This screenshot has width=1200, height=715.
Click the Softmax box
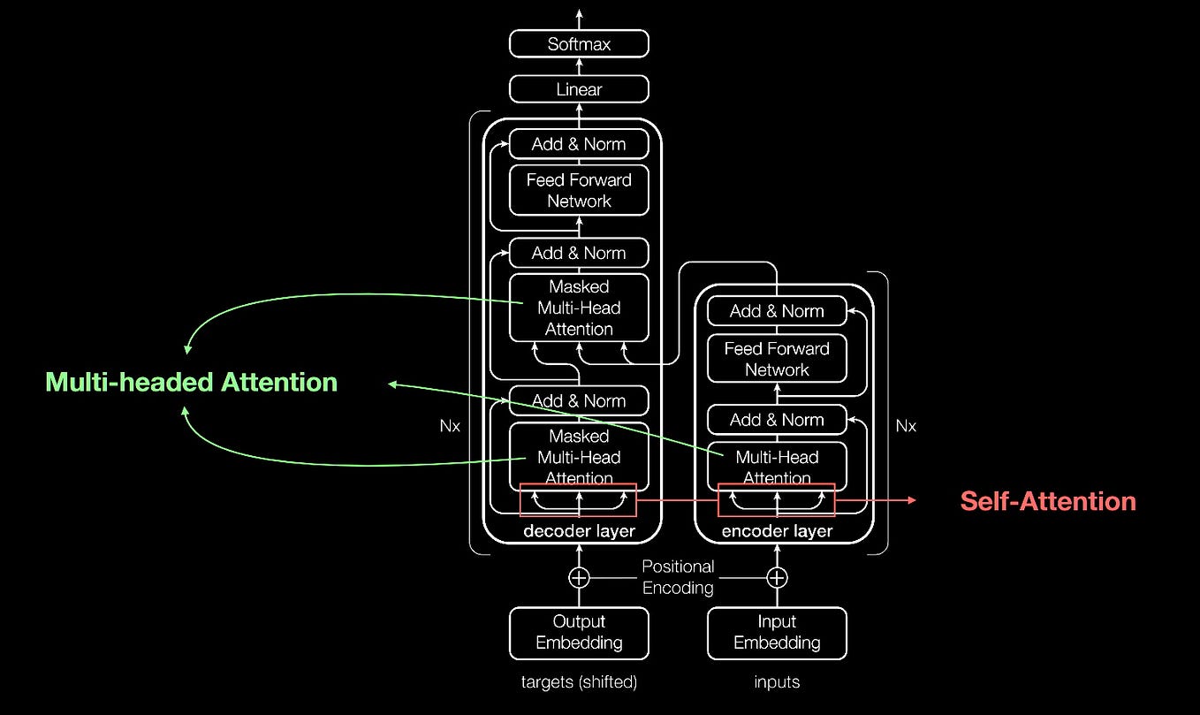point(579,43)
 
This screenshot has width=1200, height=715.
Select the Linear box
point(579,89)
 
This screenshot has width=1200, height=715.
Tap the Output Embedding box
point(579,632)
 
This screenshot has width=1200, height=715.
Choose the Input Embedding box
point(777,632)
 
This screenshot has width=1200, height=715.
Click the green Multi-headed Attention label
point(192,382)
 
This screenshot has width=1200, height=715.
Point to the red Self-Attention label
point(1048,501)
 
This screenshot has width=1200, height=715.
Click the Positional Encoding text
point(678,577)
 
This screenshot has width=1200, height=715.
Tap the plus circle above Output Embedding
point(579,578)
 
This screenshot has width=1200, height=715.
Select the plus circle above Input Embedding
point(777,578)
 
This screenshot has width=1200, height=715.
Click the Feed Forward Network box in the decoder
point(579,190)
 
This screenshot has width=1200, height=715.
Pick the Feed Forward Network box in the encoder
point(777,359)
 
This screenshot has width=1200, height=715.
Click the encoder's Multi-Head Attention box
point(777,467)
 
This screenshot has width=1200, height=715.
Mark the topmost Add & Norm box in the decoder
point(579,144)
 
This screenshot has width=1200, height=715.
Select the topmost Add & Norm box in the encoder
point(777,311)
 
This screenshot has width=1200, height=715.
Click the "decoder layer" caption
point(579,531)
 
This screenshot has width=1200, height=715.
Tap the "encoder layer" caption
point(777,531)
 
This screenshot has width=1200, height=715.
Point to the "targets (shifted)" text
point(579,682)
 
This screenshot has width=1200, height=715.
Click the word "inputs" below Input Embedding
point(777,682)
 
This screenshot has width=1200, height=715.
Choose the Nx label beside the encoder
point(906,426)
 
